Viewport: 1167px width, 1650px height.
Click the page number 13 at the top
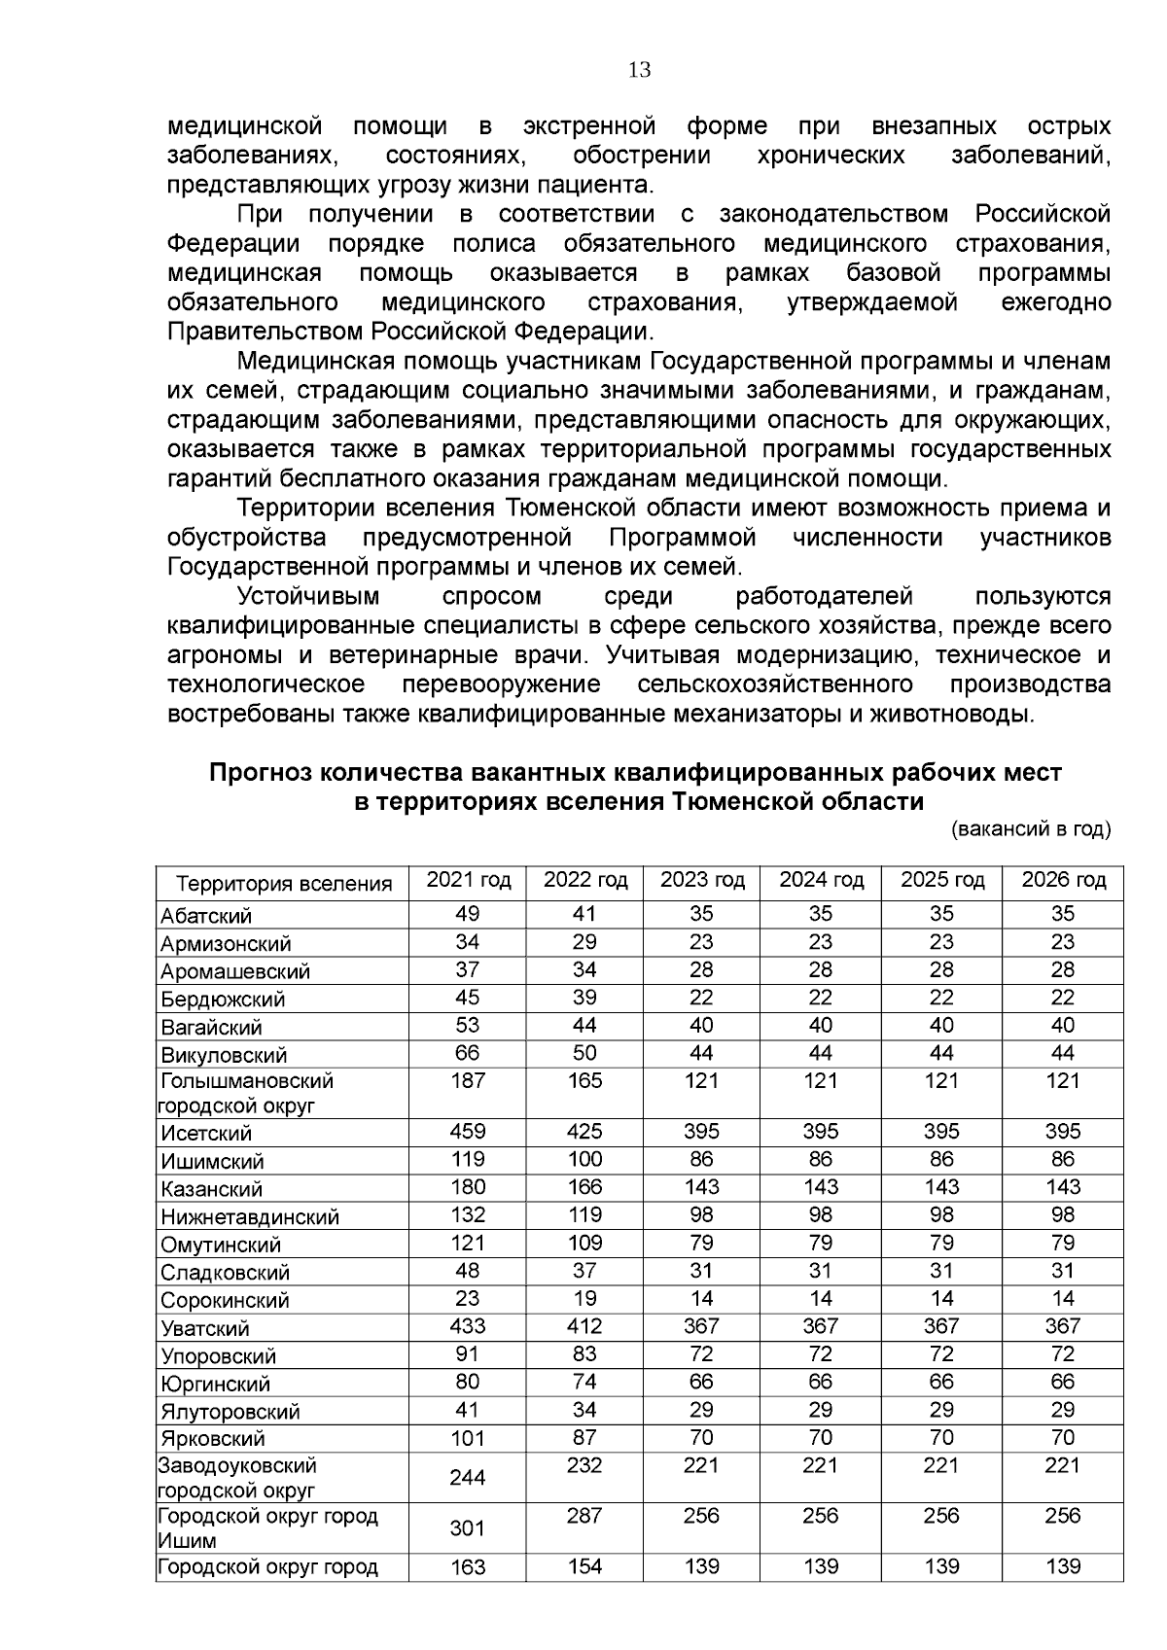639,70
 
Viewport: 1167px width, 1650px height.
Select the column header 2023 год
702,880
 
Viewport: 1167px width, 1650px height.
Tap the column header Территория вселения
284,884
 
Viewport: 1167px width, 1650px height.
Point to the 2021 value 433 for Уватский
468,1326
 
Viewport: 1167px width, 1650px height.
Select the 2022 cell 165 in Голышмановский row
584,1081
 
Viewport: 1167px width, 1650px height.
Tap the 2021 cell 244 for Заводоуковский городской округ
468,1478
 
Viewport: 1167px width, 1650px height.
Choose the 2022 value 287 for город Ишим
584,1516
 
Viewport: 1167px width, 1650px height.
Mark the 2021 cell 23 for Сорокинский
468,1298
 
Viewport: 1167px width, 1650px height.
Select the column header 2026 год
1063,880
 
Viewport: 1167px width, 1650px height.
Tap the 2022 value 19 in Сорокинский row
584,1298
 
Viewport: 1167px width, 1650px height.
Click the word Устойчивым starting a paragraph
308,596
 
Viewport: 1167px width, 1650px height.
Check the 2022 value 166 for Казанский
584,1187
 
